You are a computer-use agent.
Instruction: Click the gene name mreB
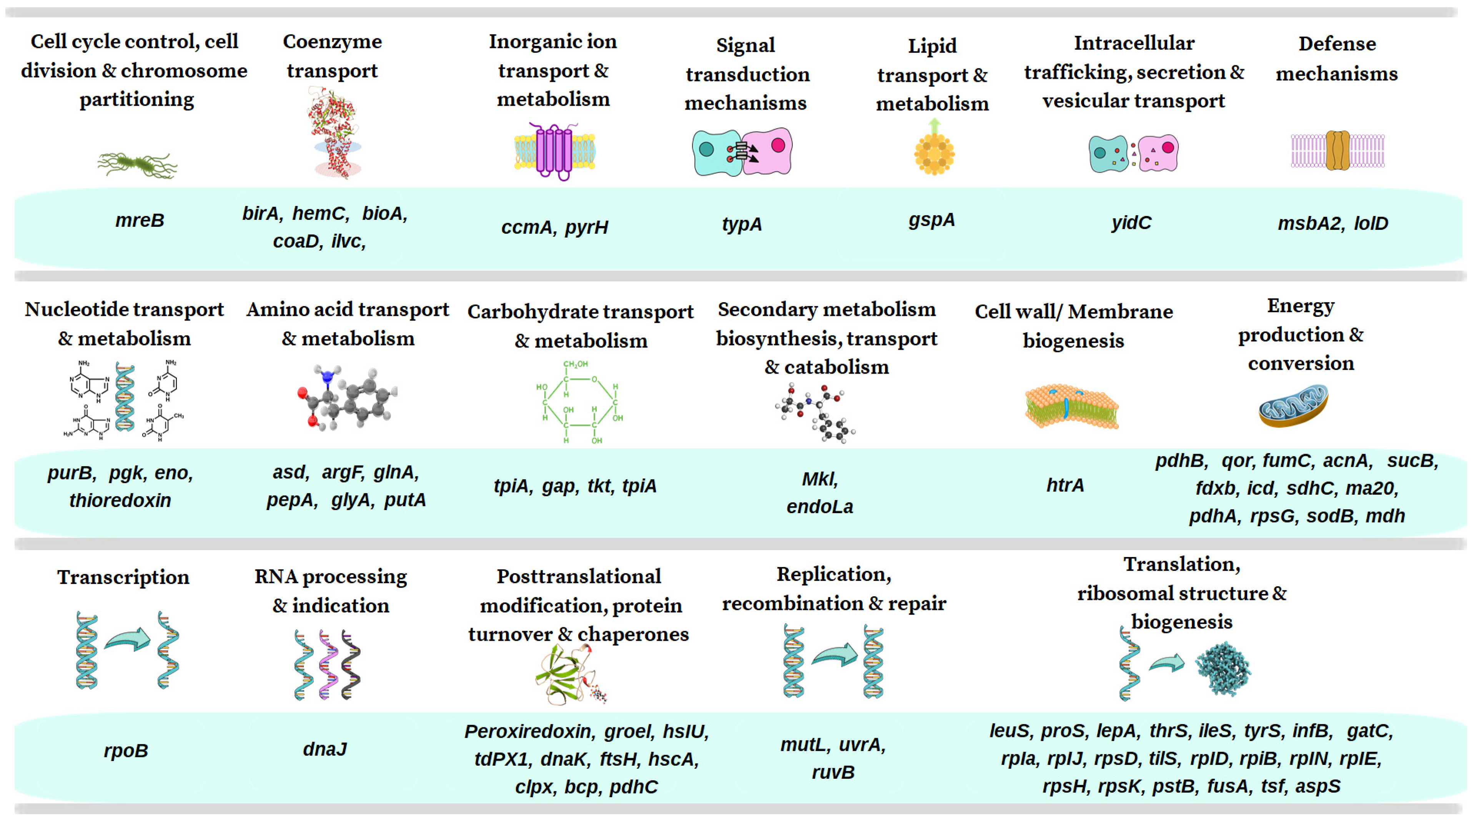[x=140, y=220]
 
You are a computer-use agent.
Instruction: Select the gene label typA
[x=742, y=224]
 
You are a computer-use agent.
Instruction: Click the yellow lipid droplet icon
[x=934, y=153]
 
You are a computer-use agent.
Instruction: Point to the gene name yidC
[x=1131, y=223]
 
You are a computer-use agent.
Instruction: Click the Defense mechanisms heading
[x=1337, y=58]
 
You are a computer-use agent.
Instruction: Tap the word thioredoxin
[x=120, y=500]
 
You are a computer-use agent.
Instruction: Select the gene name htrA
[x=1065, y=485]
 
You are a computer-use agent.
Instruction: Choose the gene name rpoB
[x=126, y=750]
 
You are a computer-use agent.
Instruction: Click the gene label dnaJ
[x=324, y=749]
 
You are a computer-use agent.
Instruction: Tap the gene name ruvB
[x=833, y=773]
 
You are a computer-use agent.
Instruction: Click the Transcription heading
[x=123, y=577]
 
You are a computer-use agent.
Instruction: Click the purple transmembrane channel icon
[x=553, y=151]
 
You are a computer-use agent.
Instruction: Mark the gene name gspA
[x=932, y=219]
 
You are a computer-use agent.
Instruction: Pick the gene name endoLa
[x=819, y=507]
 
